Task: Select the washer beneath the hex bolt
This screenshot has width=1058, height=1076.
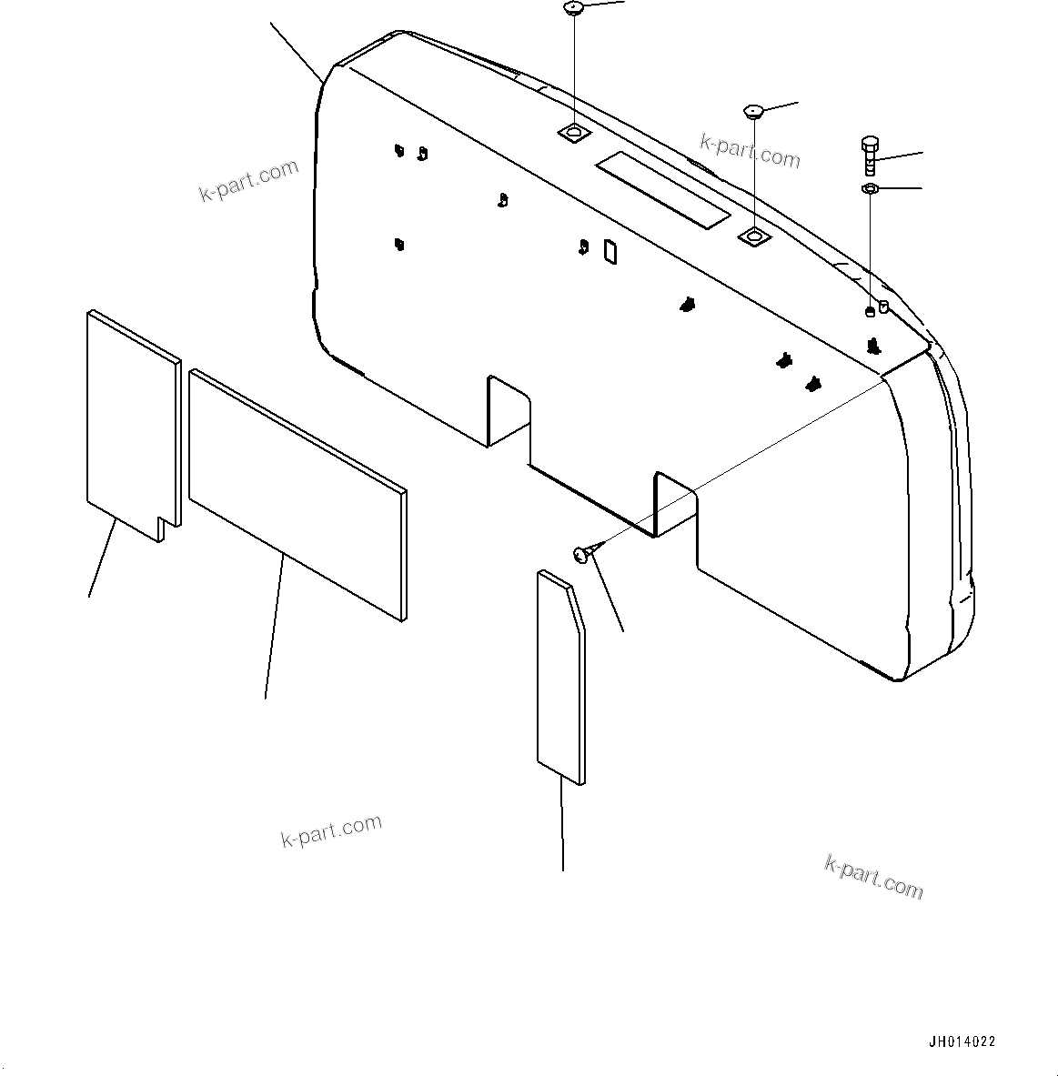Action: pos(869,188)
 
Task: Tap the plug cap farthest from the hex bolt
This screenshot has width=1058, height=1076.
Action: pos(573,9)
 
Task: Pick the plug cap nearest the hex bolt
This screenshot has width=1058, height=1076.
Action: pos(752,112)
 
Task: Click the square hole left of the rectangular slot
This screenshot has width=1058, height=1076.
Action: pos(573,134)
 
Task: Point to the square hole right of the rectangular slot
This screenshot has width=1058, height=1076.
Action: pos(754,237)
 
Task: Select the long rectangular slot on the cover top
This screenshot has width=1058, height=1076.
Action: pos(661,190)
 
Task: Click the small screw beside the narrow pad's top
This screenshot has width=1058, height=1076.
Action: pos(583,551)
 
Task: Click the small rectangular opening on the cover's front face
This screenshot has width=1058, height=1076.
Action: pos(610,252)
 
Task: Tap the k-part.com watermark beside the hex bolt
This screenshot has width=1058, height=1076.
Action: pos(750,151)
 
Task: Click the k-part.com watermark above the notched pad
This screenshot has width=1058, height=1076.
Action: pos(248,180)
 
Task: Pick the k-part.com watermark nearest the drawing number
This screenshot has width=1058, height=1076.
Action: pos(873,876)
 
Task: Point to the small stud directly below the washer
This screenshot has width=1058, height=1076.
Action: pos(869,312)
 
